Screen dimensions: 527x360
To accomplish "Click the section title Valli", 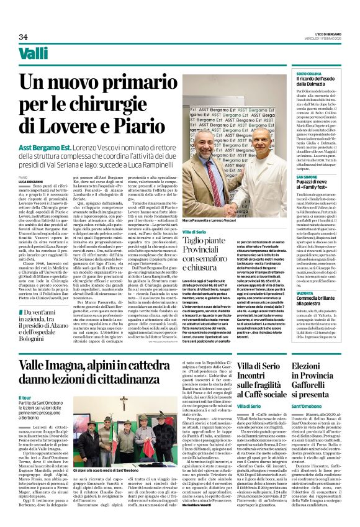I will click(34, 53).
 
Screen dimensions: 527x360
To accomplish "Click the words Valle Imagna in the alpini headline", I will click(52, 351).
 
